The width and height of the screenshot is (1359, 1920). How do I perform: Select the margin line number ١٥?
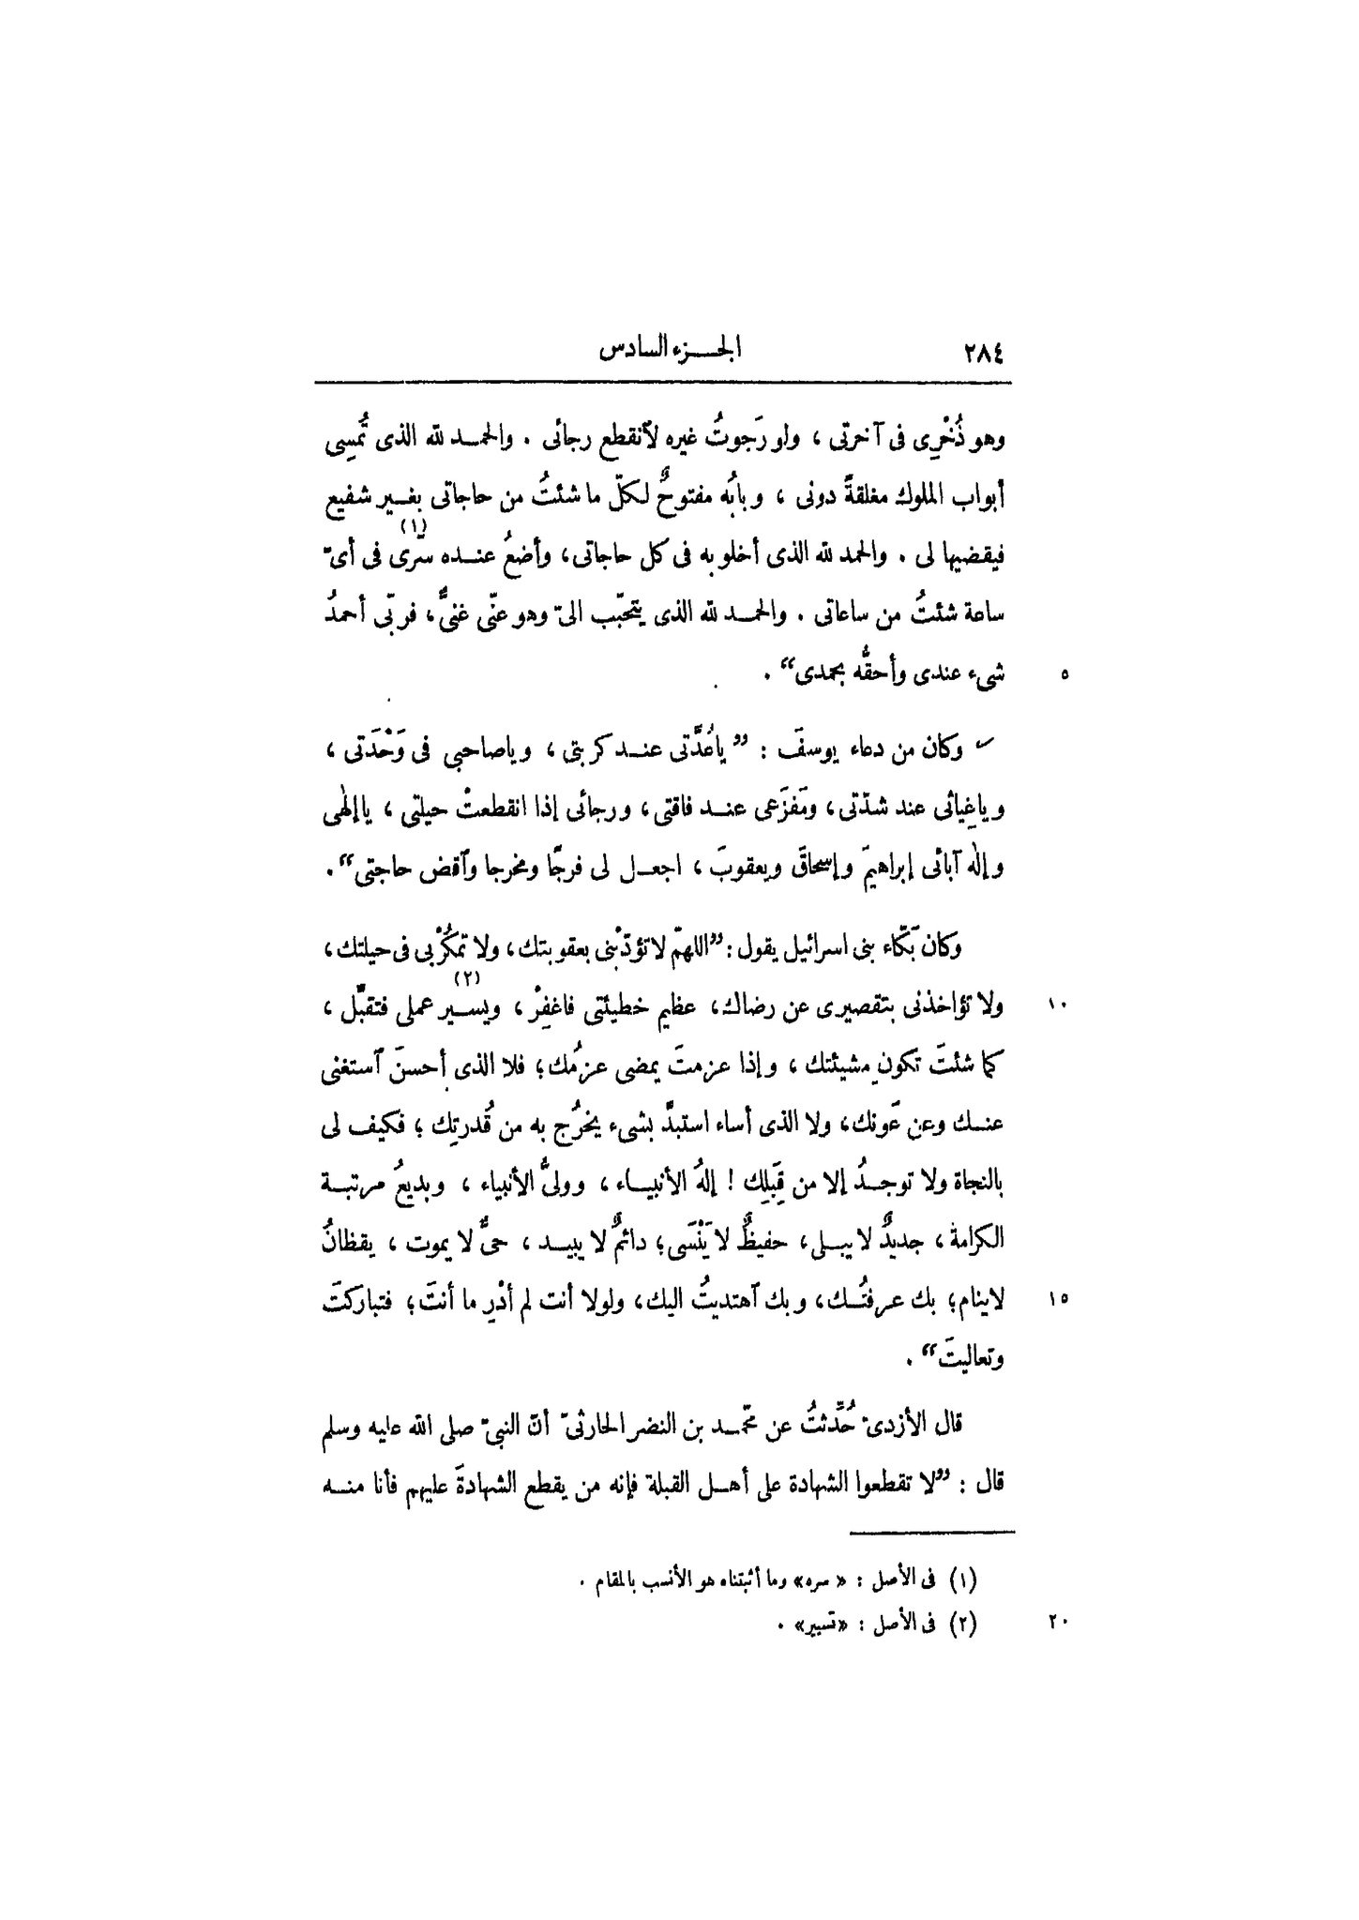click(x=1059, y=1300)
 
